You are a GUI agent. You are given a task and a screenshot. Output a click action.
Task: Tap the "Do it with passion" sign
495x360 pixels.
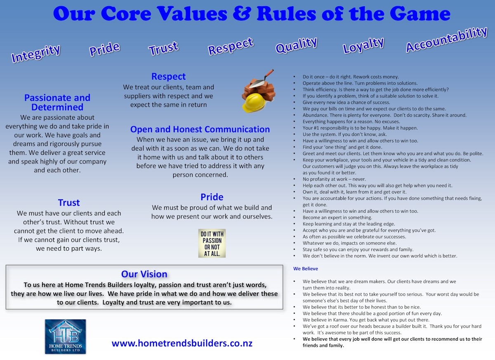[212, 244]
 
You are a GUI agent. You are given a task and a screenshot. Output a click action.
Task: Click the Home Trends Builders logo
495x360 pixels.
[65, 336]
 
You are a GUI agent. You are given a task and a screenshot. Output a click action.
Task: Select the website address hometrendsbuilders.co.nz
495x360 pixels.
[182, 343]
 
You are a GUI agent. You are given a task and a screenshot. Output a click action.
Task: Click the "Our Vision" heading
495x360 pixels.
[144, 274]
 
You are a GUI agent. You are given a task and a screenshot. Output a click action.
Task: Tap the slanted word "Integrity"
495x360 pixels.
[36, 54]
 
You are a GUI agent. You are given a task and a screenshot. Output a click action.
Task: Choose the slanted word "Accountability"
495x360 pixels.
[446, 40]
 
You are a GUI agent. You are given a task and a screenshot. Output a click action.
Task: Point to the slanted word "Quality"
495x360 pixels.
[296, 45]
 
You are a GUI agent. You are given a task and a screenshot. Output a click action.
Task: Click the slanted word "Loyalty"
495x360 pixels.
[363, 45]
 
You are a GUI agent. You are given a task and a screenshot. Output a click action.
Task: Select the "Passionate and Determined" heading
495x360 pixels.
[57, 102]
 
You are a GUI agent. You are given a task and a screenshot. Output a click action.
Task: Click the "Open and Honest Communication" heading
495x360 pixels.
[200, 129]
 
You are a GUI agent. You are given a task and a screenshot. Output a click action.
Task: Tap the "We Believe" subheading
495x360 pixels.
[306, 269]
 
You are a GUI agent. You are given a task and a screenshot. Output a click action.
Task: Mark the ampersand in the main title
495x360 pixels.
[241, 14]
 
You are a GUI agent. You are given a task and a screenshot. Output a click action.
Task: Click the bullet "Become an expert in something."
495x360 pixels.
[337, 218]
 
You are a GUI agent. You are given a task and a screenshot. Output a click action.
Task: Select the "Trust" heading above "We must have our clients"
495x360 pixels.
[69, 203]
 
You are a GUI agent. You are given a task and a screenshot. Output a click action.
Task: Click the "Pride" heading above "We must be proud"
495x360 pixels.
[212, 197]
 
